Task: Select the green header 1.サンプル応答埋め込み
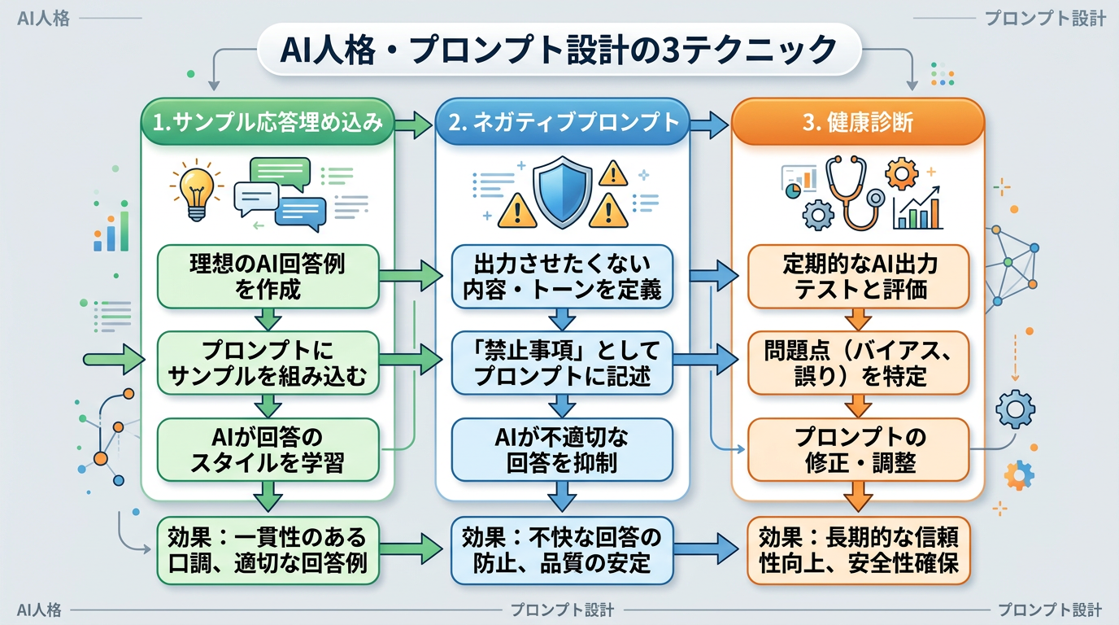[268, 123]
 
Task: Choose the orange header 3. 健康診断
[858, 124]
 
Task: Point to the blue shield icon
[562, 193]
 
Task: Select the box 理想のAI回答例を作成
[268, 277]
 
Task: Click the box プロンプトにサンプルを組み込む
[268, 364]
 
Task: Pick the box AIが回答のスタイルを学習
[268, 450]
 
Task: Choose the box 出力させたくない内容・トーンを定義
[562, 277]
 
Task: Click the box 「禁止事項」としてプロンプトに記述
[562, 364]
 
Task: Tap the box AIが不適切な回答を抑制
[562, 450]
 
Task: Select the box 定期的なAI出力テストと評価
[858, 277]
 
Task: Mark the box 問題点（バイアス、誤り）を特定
[858, 364]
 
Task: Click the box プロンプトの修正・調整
[858, 450]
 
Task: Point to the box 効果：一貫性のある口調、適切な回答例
[268, 549]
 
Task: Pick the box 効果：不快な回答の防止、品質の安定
[562, 549]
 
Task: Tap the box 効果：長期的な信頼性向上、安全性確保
[858, 549]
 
